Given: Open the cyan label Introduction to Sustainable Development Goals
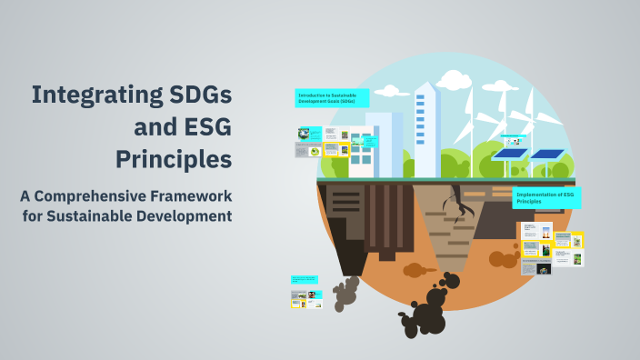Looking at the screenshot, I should pyautogui.click(x=332, y=98).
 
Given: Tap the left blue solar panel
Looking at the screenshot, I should pyautogui.click(x=510, y=154).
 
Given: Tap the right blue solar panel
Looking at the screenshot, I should pyautogui.click(x=547, y=154).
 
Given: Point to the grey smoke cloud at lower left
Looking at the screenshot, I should pyautogui.click(x=345, y=292).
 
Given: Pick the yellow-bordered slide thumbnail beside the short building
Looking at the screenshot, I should pyautogui.click(x=336, y=149).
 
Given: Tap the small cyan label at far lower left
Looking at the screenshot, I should pyautogui.click(x=305, y=279).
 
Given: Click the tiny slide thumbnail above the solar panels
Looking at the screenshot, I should pyautogui.click(x=514, y=138).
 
